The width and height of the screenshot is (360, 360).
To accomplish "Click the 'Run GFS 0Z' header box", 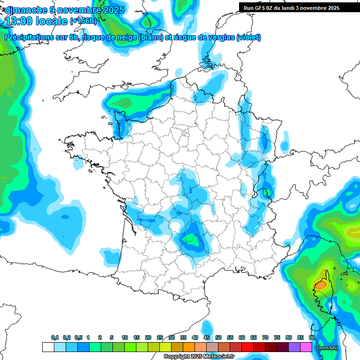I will coord(292,8).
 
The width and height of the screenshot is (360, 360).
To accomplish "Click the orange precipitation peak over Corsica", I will coord(321,284).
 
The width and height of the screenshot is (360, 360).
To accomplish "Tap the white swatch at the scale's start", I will coord(48,347).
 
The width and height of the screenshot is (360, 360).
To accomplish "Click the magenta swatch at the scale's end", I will coord(306,347).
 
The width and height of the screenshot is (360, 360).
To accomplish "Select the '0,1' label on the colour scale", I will coord(54,337).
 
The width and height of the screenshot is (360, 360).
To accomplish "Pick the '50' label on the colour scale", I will coord(218,337).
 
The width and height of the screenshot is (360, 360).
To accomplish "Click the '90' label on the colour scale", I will coord(312,337).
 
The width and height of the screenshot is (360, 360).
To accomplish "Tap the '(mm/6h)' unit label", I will coord(327,348).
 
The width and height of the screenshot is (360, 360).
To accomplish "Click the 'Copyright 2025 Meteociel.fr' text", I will coord(199,356).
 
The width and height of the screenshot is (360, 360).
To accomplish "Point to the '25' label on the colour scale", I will coord(160,337).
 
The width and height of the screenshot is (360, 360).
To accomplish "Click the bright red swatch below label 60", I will coord(247,347).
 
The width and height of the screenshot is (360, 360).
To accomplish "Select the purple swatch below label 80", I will coord(294,347).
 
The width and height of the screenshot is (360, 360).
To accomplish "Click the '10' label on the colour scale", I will coord(125,337).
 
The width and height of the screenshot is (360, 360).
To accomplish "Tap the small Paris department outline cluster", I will coord(185,132).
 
